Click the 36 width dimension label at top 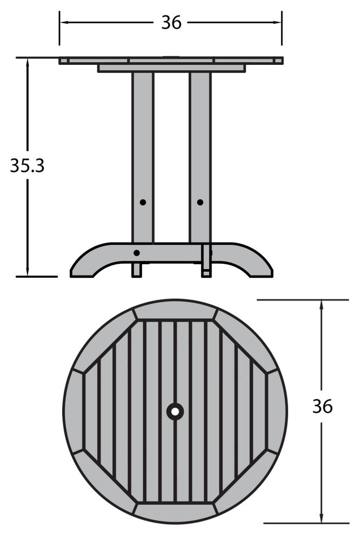tap(171, 23)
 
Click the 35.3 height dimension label tap(28, 166)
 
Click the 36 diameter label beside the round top tap(323, 406)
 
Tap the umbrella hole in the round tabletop tap(175, 412)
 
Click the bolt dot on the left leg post tap(143, 202)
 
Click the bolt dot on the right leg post tap(201, 202)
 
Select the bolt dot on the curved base tap(137, 253)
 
